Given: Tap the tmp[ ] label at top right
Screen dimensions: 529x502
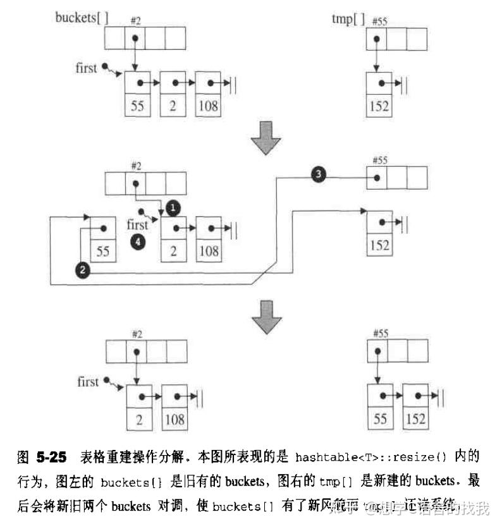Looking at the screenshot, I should pyautogui.click(x=348, y=18).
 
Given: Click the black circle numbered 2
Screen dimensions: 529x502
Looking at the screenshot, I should pyautogui.click(x=81, y=270).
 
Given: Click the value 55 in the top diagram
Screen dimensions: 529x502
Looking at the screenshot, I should pyautogui.click(x=137, y=106).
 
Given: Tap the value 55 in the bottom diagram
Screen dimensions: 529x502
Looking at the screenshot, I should pyautogui.click(x=381, y=419).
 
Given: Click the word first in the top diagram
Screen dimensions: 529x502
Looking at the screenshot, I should pyautogui.click(x=87, y=68).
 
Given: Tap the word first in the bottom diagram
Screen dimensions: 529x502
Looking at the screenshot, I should pyautogui.click(x=88, y=382).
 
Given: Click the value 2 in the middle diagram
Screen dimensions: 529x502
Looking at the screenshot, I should pyautogui.click(x=173, y=252).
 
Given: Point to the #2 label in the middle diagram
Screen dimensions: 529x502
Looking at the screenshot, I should pyautogui.click(x=135, y=166).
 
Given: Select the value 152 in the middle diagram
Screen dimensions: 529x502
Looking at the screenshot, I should pyautogui.click(x=379, y=245).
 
